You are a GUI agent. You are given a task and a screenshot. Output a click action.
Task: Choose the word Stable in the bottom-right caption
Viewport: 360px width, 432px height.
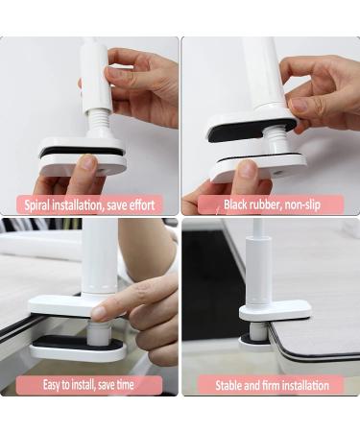coord(218,385)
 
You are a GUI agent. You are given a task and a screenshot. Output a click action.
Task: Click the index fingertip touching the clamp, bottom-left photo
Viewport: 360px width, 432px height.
coord(99,313)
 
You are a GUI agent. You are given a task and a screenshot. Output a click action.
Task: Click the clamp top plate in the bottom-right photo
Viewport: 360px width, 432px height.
coord(275,309)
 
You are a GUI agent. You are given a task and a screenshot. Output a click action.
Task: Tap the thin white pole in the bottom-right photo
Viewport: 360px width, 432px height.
coord(257,254)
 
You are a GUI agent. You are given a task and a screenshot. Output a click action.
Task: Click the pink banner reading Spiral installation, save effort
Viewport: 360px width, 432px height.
coord(89,204)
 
